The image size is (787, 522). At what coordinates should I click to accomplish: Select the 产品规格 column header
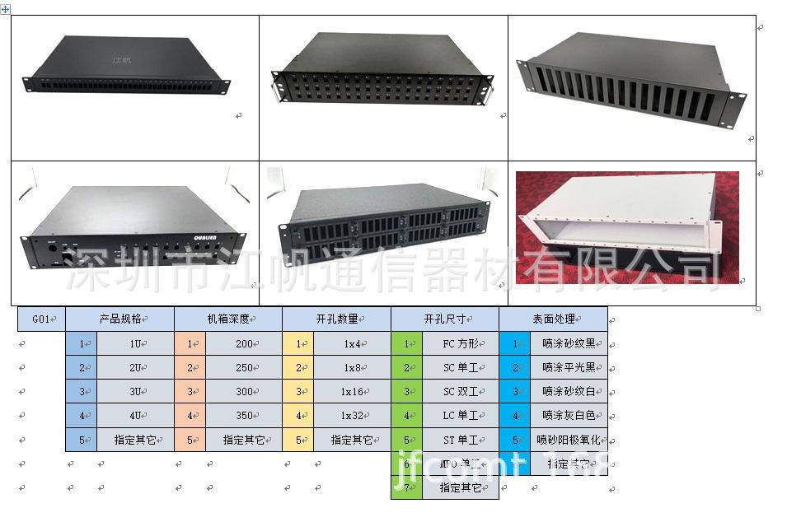click(120, 319)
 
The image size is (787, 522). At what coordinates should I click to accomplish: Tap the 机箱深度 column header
click(228, 319)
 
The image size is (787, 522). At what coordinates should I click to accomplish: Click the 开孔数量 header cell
click(336, 319)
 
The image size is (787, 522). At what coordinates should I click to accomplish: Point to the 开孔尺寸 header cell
click(445, 319)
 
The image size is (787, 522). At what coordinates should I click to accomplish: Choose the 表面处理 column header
click(553, 319)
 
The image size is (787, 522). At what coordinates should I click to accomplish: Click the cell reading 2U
click(136, 367)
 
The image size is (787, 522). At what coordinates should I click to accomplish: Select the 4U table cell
click(136, 416)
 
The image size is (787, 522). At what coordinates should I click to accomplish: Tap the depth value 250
click(244, 367)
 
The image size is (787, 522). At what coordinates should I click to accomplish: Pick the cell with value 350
click(244, 416)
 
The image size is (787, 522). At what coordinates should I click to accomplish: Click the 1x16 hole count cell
click(352, 392)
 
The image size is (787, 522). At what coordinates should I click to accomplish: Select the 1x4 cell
click(352, 343)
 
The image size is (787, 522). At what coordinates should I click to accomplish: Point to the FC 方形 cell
click(460, 343)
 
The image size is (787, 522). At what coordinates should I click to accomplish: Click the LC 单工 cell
click(460, 416)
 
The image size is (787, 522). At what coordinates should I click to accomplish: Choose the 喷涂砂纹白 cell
click(569, 392)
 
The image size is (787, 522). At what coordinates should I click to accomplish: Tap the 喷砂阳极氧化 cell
click(569, 440)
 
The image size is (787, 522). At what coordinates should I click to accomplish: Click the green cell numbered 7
click(406, 487)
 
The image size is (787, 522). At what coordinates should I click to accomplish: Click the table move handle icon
click(6, 7)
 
